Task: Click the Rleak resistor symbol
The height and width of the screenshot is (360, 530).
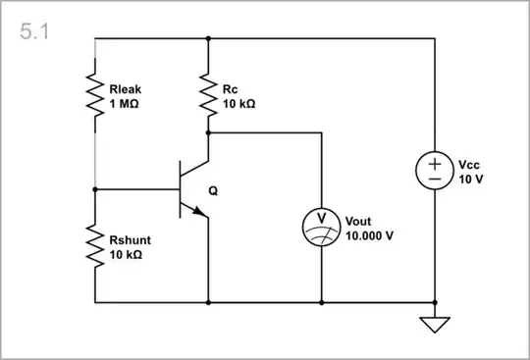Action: pyautogui.click(x=95, y=95)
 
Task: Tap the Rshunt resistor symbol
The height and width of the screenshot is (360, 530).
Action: pyautogui.click(x=95, y=246)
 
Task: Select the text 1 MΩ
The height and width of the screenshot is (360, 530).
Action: pyautogui.click(x=125, y=102)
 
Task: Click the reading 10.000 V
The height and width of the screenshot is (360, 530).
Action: pyautogui.click(x=370, y=235)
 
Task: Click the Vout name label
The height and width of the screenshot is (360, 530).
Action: pyautogui.click(x=359, y=221)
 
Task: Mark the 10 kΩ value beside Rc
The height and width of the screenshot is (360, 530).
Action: pyautogui.click(x=239, y=102)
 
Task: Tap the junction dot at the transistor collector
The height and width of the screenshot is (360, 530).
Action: pyautogui.click(x=208, y=132)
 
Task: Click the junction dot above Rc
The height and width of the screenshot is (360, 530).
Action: pyautogui.click(x=208, y=39)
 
